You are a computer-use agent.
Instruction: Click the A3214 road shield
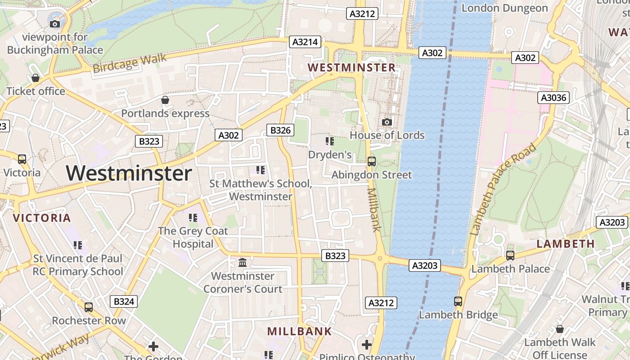pyautogui.click(x=305, y=42)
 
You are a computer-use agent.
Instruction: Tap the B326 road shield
pyautogui.click(x=280, y=130)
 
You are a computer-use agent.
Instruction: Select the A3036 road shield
pyautogui.click(x=553, y=98)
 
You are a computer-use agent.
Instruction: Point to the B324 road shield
pyautogui.click(x=124, y=301)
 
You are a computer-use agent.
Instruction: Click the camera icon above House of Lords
pyautogui.click(x=387, y=122)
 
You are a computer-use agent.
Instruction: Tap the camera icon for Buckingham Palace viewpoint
pyautogui.click(x=55, y=24)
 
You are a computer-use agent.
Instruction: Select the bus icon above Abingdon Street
pyautogui.click(x=372, y=161)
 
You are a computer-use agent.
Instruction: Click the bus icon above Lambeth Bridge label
pyautogui.click(x=458, y=301)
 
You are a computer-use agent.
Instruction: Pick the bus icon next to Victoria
pyautogui.click(x=22, y=159)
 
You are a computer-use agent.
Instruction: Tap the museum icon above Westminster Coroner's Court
pyautogui.click(x=243, y=262)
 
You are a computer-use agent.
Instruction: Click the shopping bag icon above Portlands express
pyautogui.click(x=165, y=100)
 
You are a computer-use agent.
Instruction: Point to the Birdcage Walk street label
pyautogui.click(x=130, y=63)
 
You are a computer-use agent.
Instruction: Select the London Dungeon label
pyautogui.click(x=504, y=8)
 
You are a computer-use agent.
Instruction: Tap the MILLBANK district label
pyautogui.click(x=299, y=332)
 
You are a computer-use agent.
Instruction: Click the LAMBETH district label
pyautogui.click(x=566, y=244)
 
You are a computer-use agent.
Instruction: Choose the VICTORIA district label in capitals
pyautogui.click(x=42, y=218)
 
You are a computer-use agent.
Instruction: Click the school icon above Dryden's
pyautogui.click(x=330, y=141)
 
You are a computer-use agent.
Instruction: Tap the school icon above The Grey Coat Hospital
pyautogui.click(x=193, y=218)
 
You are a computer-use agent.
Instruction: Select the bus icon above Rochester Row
pyautogui.click(x=89, y=307)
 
